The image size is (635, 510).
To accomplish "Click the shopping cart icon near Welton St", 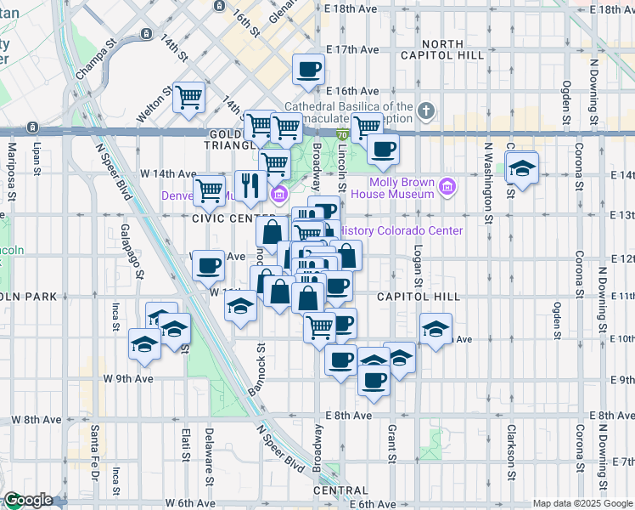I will coord(188,96).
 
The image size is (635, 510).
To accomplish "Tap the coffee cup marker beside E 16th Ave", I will coord(308,70).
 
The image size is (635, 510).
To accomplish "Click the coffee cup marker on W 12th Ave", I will coord(208,266).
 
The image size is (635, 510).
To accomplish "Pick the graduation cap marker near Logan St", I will coord(436,329).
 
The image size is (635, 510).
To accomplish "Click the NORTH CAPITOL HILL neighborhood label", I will coord(442,49).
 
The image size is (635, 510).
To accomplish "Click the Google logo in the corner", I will coord(28,501).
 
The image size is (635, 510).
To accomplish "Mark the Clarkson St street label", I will coord(512,456).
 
